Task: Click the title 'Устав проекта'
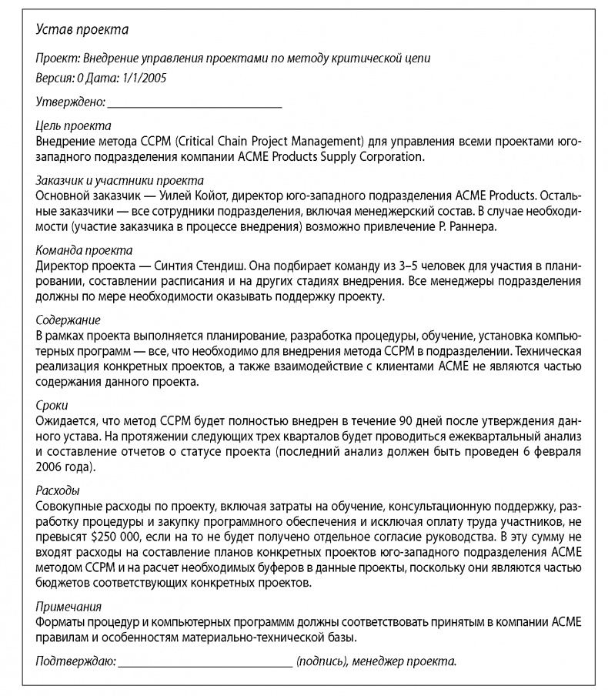[82, 30]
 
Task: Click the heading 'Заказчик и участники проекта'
[115, 179]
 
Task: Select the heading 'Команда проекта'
[84, 250]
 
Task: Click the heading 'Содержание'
[68, 320]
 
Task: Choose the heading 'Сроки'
[52, 404]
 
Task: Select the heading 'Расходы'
[58, 490]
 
